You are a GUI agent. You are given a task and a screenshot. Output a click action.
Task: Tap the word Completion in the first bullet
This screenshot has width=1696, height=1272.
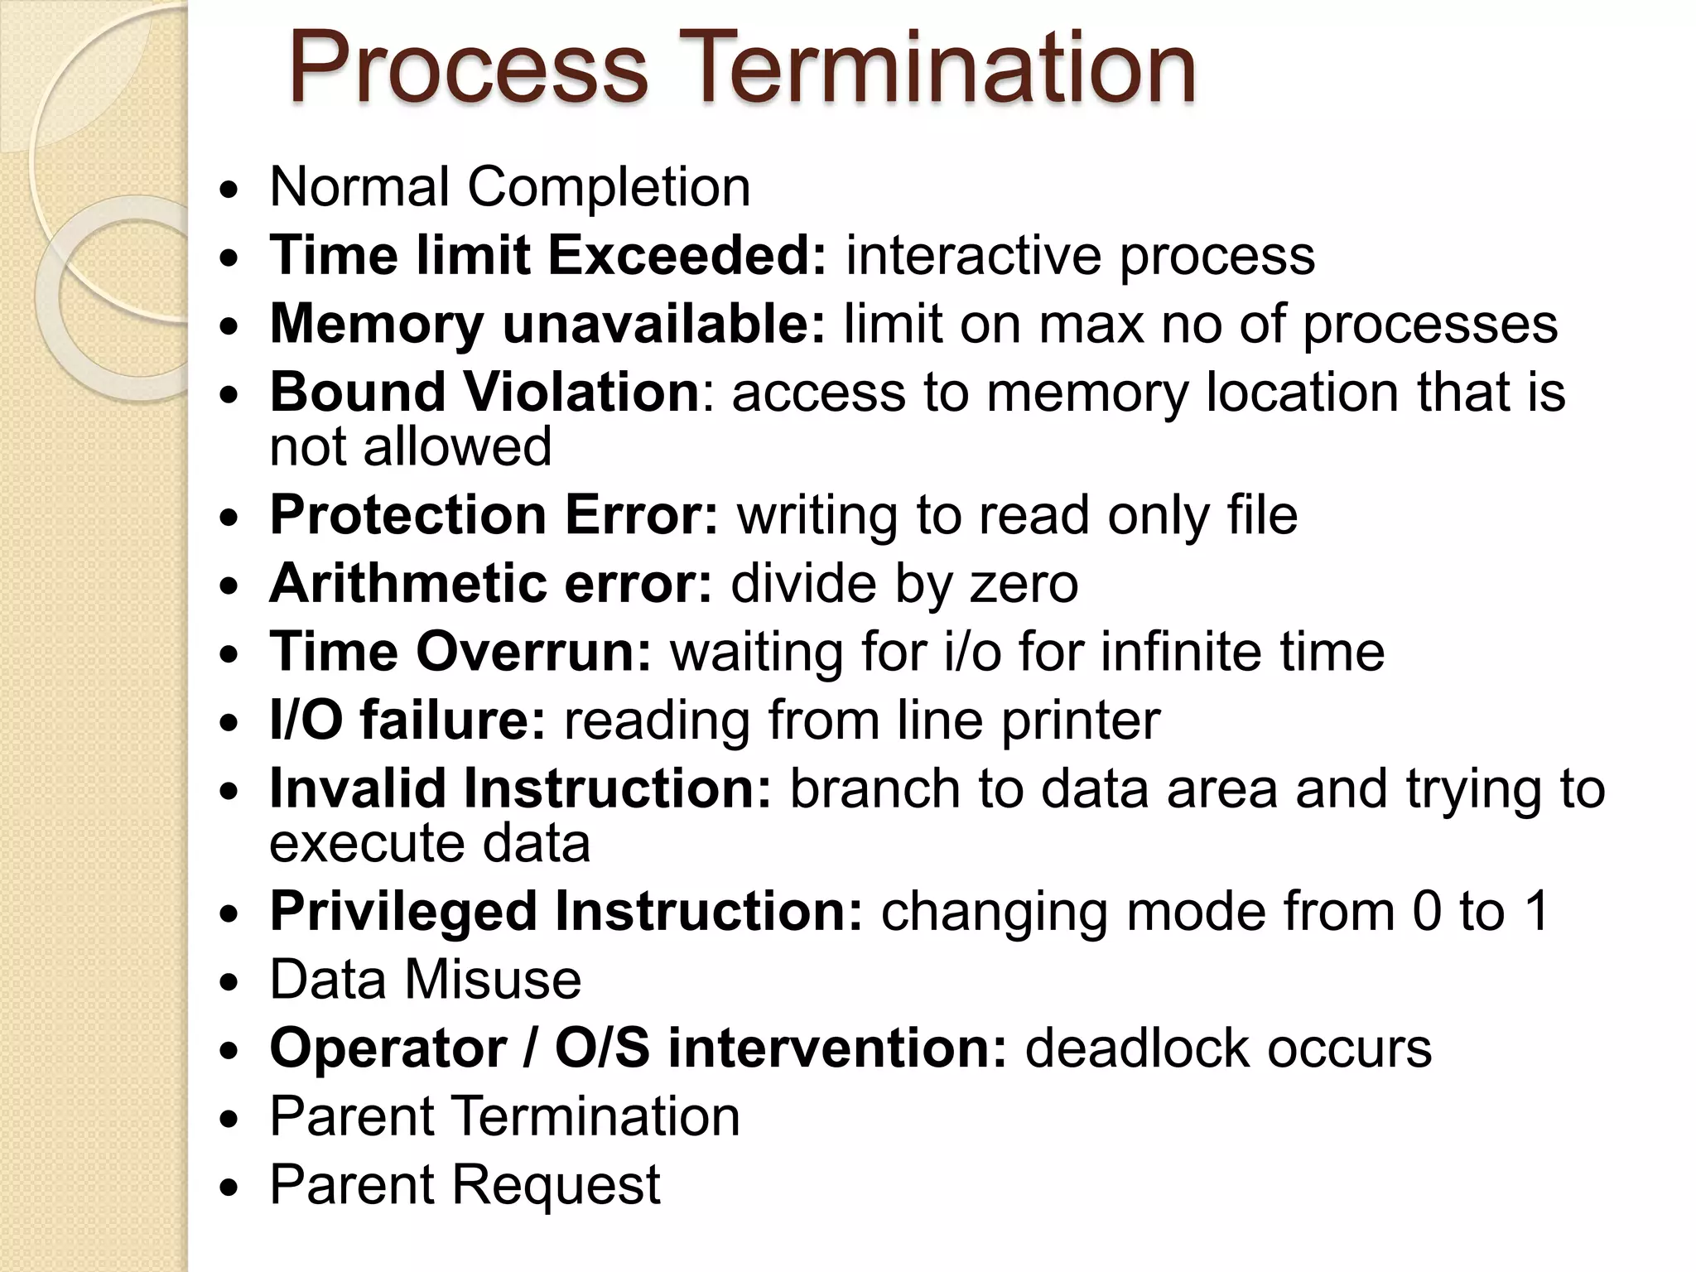pos(609,187)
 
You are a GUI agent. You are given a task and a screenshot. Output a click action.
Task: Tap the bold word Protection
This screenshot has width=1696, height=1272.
pos(407,514)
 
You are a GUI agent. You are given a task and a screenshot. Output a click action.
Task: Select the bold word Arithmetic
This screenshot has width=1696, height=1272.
pos(407,583)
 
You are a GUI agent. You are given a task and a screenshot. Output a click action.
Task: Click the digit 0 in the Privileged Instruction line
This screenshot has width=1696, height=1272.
pos(1427,911)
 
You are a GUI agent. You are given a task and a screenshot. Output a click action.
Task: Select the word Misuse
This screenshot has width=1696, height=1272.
pos(493,980)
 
